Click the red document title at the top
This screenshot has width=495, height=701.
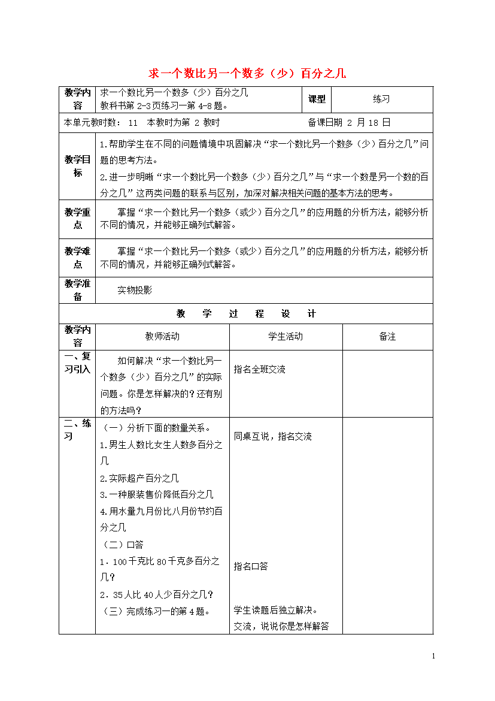247,74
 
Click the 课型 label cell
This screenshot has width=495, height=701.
317,99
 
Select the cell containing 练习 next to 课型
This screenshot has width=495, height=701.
381,99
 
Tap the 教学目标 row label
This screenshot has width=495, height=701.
78,166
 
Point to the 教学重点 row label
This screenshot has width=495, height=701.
78,219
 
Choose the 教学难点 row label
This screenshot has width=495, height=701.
78,258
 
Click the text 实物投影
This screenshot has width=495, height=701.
135,290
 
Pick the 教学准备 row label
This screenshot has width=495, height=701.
78,290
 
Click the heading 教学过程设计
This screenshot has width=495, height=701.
246,314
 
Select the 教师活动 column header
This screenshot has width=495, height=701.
162,337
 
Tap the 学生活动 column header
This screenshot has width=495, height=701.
286,337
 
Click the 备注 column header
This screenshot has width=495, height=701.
387,337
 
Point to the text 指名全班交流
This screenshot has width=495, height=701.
260,370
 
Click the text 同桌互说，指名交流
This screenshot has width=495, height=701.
272,437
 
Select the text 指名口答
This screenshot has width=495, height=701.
251,566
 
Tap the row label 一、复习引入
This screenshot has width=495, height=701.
78,363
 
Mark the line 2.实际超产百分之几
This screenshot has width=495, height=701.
139,478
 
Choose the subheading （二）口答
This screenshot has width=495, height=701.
123,545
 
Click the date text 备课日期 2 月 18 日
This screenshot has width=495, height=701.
349,123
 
